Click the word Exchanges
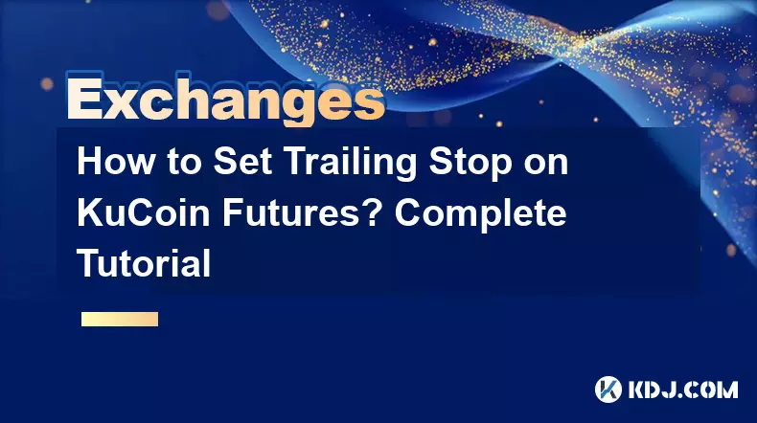click(226, 99)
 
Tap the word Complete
click(480, 215)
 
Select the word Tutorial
click(144, 263)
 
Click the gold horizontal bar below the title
click(120, 319)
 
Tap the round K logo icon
click(608, 390)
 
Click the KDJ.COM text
click(682, 390)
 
